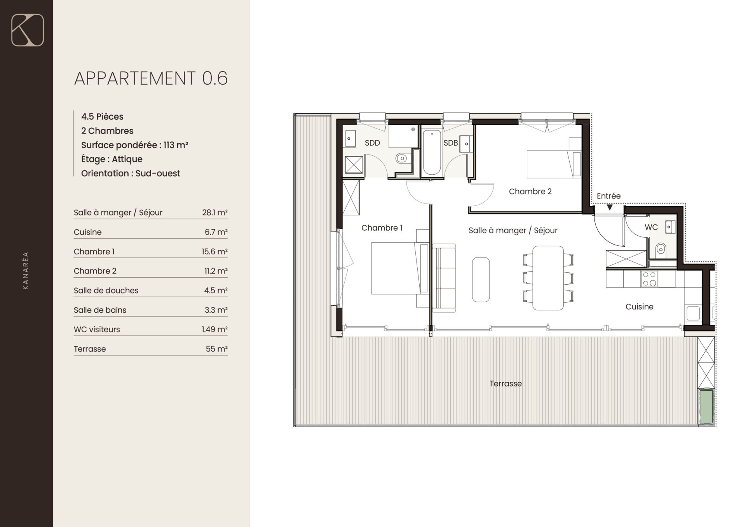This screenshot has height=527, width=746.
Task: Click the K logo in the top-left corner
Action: [x=28, y=30]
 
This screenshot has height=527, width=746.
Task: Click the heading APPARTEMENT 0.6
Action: [x=151, y=78]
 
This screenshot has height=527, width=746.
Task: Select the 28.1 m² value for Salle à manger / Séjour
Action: [x=214, y=212]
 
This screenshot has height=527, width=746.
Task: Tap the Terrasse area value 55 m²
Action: [x=216, y=349]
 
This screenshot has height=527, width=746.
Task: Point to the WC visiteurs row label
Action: [x=97, y=329]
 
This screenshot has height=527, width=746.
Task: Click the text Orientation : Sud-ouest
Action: [x=131, y=173]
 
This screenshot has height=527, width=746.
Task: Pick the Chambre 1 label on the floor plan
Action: [x=382, y=228]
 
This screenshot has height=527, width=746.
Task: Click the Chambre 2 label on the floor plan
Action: [x=530, y=191]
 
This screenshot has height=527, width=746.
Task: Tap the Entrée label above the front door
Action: [x=608, y=196]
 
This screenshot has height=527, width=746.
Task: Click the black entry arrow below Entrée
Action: [x=610, y=207]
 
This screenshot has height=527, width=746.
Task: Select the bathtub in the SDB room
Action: [x=432, y=153]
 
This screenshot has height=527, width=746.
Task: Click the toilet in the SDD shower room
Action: [x=401, y=158]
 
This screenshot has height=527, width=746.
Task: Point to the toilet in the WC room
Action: [x=661, y=249]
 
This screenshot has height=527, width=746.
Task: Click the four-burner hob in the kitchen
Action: [x=649, y=279]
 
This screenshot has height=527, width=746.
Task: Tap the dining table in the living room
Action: [x=548, y=278]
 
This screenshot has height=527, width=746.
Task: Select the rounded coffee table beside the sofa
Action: [x=481, y=280]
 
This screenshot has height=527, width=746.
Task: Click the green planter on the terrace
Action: [x=706, y=406]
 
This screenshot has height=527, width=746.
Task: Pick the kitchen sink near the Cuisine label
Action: [x=693, y=313]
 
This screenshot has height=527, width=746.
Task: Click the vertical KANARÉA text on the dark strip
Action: [x=26, y=271]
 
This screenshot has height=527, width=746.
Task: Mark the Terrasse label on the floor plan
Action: [x=505, y=384]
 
